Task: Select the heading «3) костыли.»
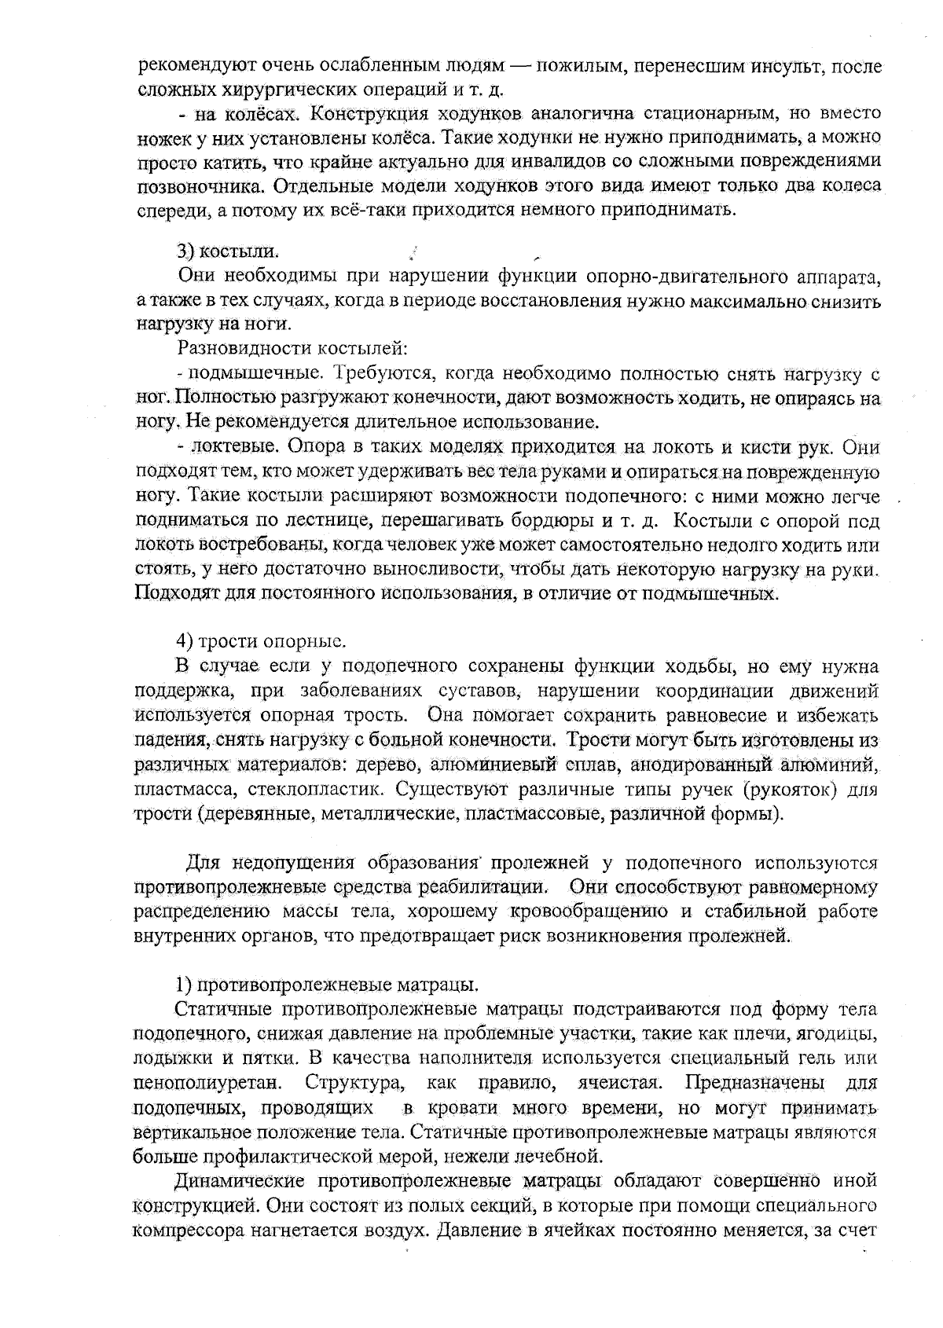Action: (x=227, y=251)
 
